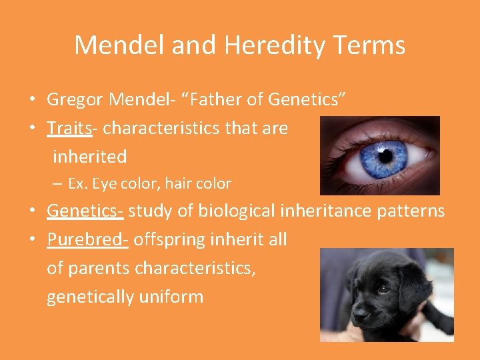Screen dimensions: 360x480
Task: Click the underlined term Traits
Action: [x=69, y=128]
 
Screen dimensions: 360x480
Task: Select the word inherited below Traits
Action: [x=89, y=157]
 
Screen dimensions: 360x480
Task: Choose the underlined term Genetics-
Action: [x=85, y=211]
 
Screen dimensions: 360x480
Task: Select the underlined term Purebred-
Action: [x=87, y=240]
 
